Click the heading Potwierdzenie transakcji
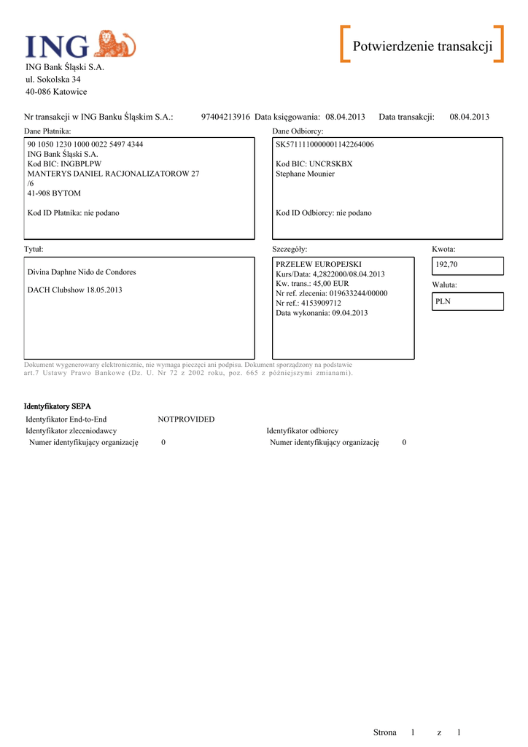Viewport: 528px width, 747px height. (422, 47)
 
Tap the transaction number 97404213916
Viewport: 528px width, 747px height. (225, 117)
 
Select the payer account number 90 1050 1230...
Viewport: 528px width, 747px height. (85, 144)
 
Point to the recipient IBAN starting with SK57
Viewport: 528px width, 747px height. (325, 144)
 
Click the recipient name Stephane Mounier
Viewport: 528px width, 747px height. (305, 174)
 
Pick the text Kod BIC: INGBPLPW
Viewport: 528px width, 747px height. (64, 164)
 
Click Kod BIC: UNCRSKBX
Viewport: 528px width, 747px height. (314, 164)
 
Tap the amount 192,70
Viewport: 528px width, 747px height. (446, 264)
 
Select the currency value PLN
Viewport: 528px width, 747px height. (443, 301)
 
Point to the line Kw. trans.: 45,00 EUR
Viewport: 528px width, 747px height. (312, 283)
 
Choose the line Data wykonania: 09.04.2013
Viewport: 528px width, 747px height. (322, 313)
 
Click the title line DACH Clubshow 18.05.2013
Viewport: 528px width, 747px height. (74, 290)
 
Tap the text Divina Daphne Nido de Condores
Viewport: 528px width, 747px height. (82, 272)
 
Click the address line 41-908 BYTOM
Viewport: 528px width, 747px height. (54, 193)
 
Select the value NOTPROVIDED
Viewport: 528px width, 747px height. (186, 419)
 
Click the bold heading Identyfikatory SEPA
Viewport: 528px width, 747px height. (58, 406)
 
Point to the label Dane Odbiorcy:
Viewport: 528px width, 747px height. (298, 131)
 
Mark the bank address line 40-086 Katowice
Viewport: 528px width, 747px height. (56, 92)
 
